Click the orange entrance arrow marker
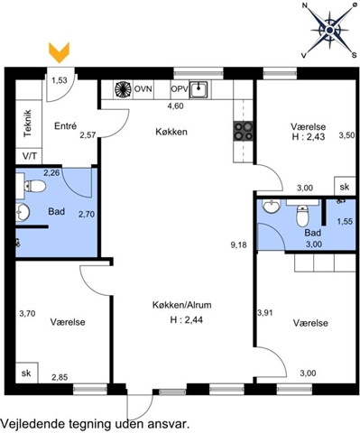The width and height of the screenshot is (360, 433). pos(60,53)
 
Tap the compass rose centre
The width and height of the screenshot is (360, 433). pos(329,30)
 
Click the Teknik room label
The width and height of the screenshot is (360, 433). pos(27,124)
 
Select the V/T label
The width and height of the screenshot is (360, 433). pos(30,156)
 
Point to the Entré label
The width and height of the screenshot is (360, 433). pos(66,126)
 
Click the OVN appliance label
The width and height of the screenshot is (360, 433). pos(143,89)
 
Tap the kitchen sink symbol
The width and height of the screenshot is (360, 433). pos(198,89)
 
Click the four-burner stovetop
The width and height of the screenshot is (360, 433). pos(244,131)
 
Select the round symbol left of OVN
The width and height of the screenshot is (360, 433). pos(124,89)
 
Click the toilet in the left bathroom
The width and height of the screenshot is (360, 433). pos(35,187)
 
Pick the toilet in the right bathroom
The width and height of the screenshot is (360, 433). pos(302,216)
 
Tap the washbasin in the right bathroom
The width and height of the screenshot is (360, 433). pos(272,206)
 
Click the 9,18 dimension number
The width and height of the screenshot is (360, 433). pos(238,245)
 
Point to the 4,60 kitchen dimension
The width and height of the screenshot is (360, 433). pos(175,106)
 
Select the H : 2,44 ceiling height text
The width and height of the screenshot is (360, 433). pos(187,320)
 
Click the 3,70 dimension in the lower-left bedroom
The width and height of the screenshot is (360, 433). pos(27,314)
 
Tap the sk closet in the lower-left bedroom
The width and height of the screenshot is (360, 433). pos(26,373)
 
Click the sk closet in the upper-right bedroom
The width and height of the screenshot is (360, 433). pos(345,187)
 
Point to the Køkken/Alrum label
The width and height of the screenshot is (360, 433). pos(182,305)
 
